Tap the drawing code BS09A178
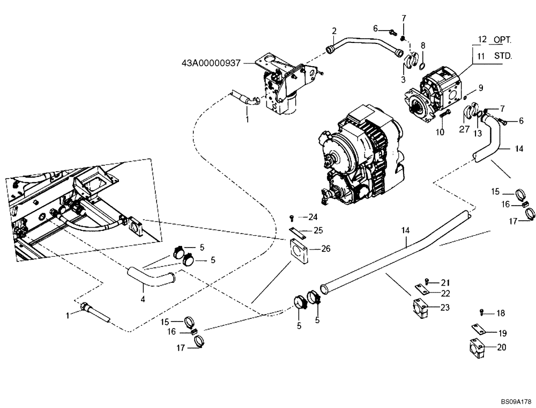coord(515,401)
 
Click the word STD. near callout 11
coord(502,55)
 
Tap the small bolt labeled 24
coord(291,217)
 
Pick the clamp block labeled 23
coord(421,308)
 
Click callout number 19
coord(502,333)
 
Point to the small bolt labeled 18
coord(482,312)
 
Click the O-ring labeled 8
coord(422,66)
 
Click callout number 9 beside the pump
coord(481,88)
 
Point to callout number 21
coord(446,282)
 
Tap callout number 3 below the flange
coord(403,79)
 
